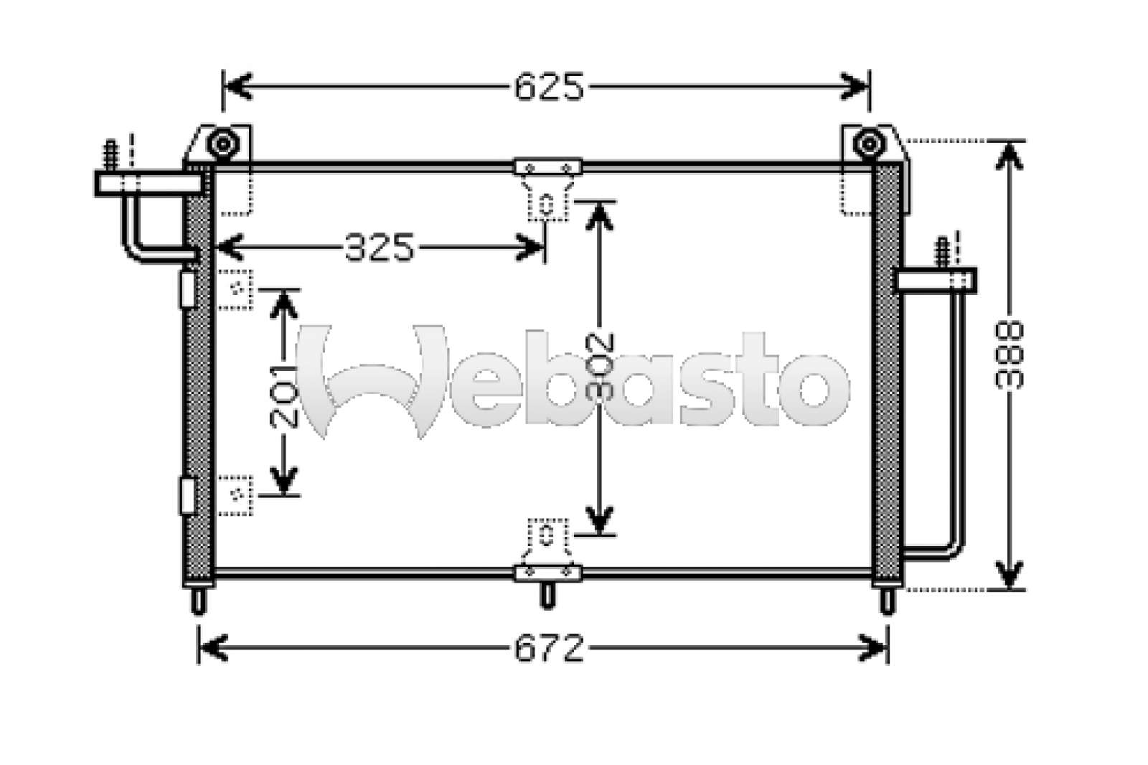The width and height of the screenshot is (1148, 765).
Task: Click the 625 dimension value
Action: [x=549, y=87]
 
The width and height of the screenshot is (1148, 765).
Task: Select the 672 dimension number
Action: [x=549, y=648]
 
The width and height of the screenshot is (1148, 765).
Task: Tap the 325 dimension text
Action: [x=379, y=247]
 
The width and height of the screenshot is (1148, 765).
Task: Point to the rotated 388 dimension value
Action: [x=1008, y=355]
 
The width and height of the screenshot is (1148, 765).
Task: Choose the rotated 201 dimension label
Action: [x=283, y=396]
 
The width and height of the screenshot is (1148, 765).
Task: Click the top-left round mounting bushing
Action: [x=223, y=144]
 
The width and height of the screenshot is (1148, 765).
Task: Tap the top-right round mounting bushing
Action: [x=870, y=144]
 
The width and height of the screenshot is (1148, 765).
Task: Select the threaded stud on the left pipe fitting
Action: [x=110, y=155]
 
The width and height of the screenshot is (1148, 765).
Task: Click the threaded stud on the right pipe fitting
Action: [x=942, y=253]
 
